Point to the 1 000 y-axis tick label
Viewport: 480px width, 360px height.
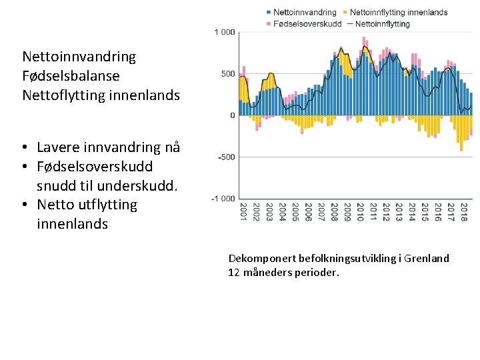pyautogui.click(x=225, y=32)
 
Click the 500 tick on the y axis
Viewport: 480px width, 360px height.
pyautogui.click(x=228, y=74)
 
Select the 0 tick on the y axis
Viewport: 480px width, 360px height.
pyautogui.click(x=233, y=115)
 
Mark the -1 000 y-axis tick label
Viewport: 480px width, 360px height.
pyautogui.click(x=223, y=199)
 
